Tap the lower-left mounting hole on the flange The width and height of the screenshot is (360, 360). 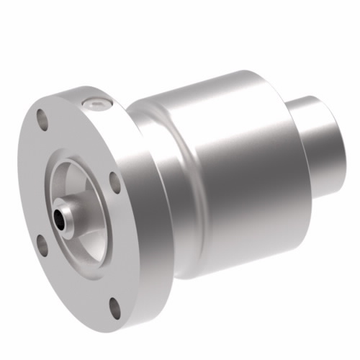[x=42, y=245]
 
